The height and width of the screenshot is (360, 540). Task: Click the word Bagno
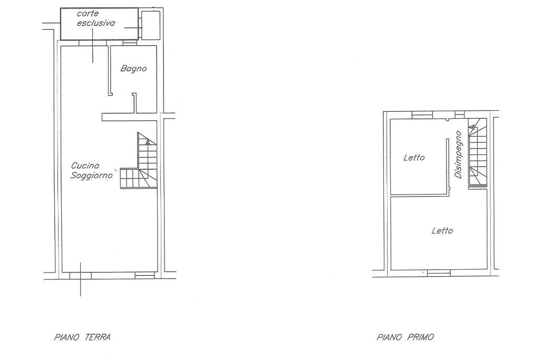133,69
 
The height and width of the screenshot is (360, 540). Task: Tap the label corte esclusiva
95,18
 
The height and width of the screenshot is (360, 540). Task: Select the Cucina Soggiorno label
92,171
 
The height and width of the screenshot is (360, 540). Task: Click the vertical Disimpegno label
458,154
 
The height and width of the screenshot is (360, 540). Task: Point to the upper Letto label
414,158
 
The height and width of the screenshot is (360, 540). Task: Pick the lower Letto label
442,230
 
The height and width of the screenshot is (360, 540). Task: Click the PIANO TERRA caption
82,337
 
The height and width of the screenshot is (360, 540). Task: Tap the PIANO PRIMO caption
406,337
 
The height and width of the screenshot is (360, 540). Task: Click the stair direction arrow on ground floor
148,142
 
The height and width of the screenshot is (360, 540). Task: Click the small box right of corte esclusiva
150,24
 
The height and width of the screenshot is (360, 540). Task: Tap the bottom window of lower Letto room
438,273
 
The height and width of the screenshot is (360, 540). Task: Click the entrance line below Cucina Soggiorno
81,279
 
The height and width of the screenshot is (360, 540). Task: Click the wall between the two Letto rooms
419,196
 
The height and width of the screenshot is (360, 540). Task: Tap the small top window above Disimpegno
459,114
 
